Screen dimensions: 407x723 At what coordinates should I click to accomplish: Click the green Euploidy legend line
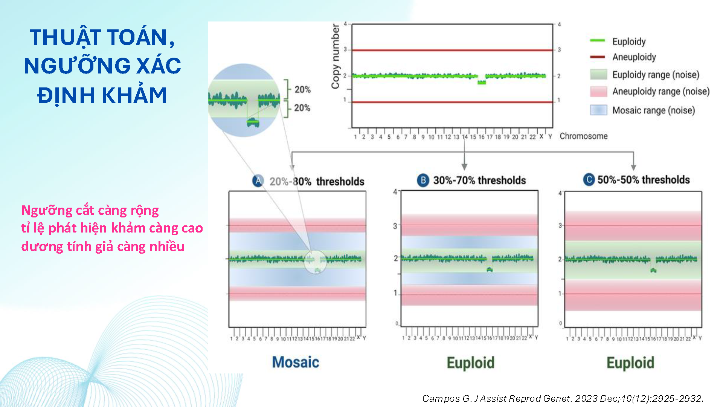pyautogui.click(x=598, y=40)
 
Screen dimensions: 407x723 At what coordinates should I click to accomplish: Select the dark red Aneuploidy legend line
pyautogui.click(x=598, y=57)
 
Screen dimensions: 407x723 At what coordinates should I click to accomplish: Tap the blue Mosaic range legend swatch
pyautogui.click(x=598, y=110)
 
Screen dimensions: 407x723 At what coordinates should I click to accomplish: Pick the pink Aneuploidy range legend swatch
pyautogui.click(x=598, y=92)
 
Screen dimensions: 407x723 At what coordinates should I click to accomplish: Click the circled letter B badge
pyautogui.click(x=423, y=180)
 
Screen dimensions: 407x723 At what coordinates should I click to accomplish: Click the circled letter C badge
pyautogui.click(x=589, y=180)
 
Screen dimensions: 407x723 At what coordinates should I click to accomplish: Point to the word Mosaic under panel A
pyautogui.click(x=296, y=362)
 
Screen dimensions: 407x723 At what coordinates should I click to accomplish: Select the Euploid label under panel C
pyautogui.click(x=630, y=363)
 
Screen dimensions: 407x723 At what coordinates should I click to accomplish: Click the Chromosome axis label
pyautogui.click(x=583, y=136)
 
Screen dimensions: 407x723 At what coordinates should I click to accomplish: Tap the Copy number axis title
pyautogui.click(x=335, y=57)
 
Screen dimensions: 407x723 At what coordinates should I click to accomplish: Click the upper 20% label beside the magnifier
pyautogui.click(x=302, y=90)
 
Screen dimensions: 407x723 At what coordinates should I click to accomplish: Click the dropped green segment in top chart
pyautogui.click(x=482, y=82)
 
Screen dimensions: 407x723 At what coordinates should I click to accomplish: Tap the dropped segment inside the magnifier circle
pyautogui.click(x=253, y=122)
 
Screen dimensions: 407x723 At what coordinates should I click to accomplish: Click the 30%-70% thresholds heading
pyautogui.click(x=479, y=181)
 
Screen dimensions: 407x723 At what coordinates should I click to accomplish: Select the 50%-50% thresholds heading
pyautogui.click(x=644, y=180)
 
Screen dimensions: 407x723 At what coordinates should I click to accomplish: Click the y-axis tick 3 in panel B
pyautogui.click(x=395, y=226)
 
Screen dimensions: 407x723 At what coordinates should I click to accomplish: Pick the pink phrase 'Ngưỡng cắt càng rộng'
pyautogui.click(x=90, y=210)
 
